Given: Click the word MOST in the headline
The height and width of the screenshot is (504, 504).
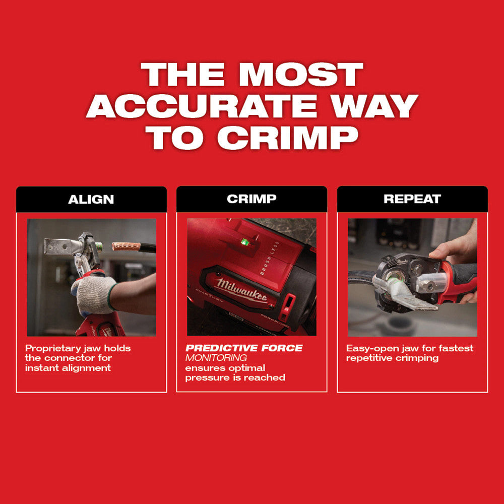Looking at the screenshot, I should coord(301,75).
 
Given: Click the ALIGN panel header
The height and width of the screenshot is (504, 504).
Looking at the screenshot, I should coord(91,199).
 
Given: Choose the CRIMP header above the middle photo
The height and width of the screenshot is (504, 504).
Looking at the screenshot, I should coord(251,199).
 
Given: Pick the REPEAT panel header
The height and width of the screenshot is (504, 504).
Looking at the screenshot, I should coord(412,199).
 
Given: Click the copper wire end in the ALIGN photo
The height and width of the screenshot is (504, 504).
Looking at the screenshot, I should coord(126,247).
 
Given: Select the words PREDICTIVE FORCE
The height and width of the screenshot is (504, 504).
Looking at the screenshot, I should coord(244,348).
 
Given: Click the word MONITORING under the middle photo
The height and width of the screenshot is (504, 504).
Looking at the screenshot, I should coord(216,358).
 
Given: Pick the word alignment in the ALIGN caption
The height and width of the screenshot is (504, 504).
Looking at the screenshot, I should coord(87,368).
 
